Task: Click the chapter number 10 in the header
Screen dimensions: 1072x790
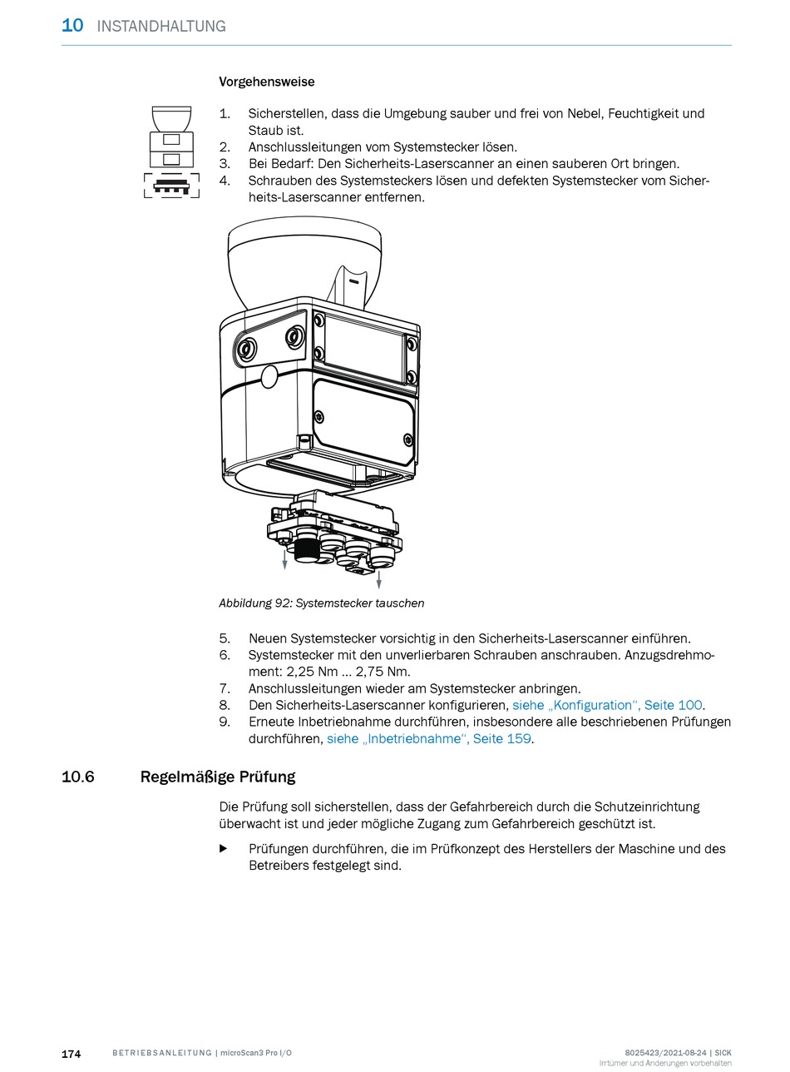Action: click(x=72, y=25)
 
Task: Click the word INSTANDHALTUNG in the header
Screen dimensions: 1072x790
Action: click(x=161, y=26)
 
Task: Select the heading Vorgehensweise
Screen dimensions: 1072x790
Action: click(x=266, y=82)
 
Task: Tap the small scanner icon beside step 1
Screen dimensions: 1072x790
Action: click(x=171, y=151)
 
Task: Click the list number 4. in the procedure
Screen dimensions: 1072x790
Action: click(x=224, y=181)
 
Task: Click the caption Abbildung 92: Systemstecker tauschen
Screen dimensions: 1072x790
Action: click(x=321, y=603)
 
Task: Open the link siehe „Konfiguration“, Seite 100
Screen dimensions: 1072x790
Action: click(x=608, y=705)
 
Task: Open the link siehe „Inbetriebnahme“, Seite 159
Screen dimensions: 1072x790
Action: click(x=428, y=738)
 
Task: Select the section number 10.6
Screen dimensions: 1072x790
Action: click(x=78, y=777)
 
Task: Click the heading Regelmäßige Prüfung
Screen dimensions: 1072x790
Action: click(x=218, y=777)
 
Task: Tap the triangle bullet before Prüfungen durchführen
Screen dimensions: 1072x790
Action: click(x=223, y=849)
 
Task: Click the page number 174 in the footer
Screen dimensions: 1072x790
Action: click(x=72, y=1054)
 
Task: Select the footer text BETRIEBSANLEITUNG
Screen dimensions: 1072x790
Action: click(x=161, y=1054)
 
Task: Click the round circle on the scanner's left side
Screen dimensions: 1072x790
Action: click(x=269, y=377)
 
